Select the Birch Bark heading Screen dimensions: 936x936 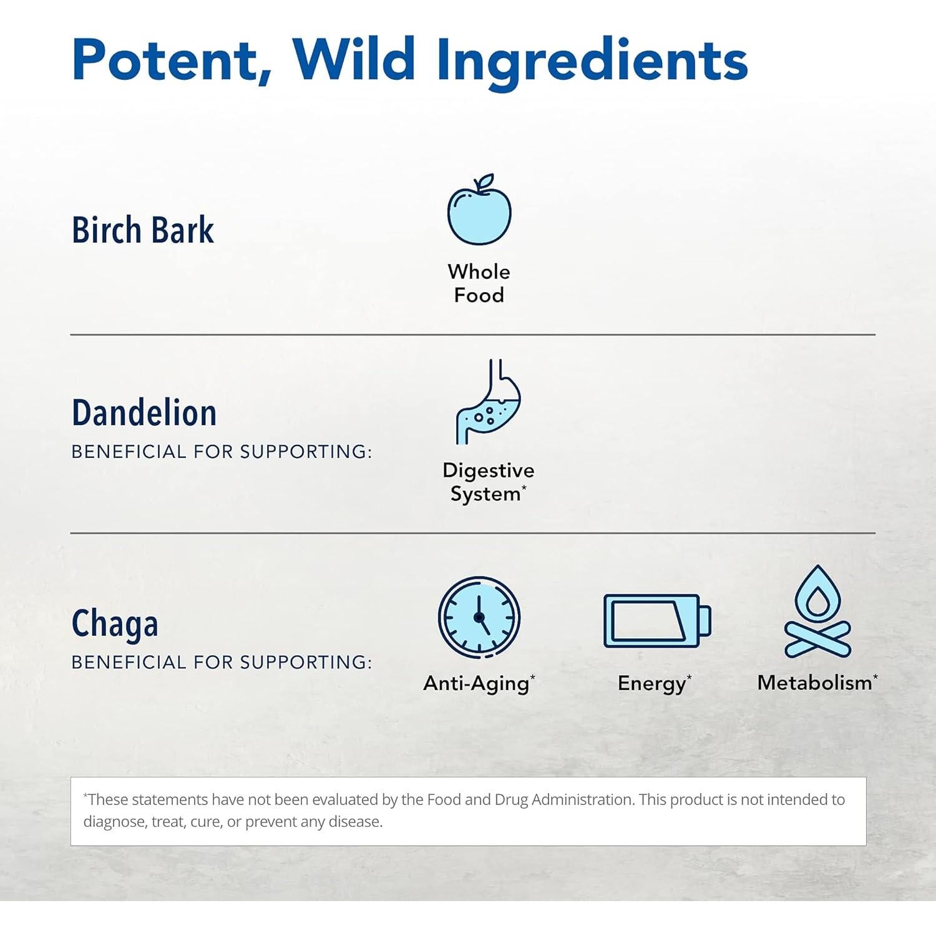[x=143, y=230]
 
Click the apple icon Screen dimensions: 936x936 [x=479, y=210]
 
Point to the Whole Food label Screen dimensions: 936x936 [x=479, y=283]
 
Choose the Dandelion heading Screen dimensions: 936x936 [x=144, y=412]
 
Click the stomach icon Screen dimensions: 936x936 [x=488, y=402]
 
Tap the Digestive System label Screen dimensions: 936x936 [x=488, y=482]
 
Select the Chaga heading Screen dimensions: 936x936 [x=115, y=624]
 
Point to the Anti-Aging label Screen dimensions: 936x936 [x=479, y=683]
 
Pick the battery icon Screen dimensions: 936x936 [x=657, y=621]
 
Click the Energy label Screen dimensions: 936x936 [x=655, y=684]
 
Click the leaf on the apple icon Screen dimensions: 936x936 [x=484, y=182]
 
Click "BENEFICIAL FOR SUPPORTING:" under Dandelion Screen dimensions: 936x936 [x=222, y=451]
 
